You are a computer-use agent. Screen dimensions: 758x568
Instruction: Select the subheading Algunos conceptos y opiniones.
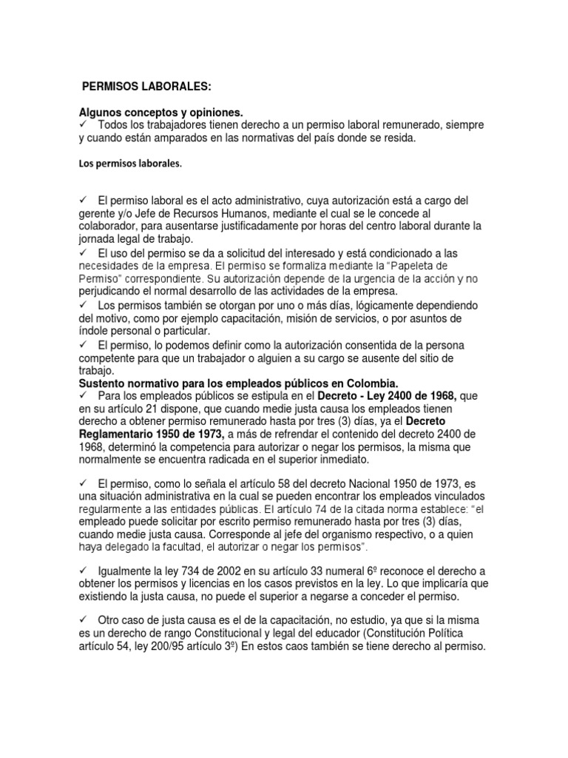(161, 113)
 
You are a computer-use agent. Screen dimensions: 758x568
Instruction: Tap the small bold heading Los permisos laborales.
(130, 167)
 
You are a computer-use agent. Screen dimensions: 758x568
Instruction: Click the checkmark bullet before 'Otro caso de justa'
(84, 620)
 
